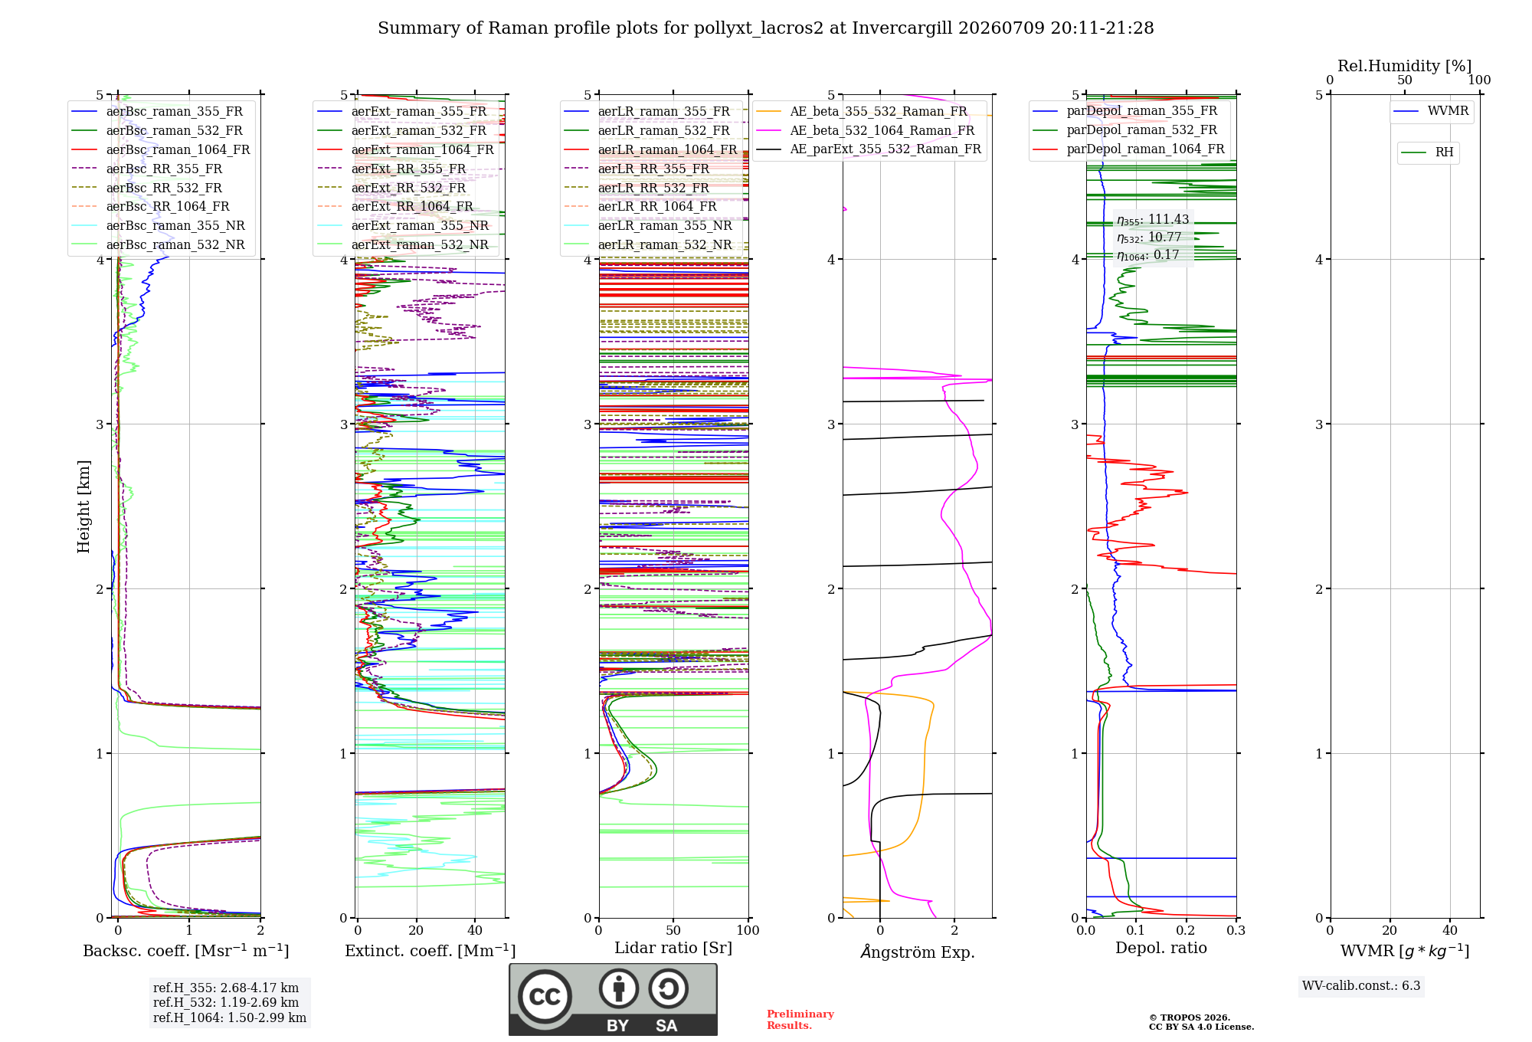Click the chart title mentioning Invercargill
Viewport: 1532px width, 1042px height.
[x=765, y=28]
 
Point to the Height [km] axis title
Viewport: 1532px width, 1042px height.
[x=83, y=506]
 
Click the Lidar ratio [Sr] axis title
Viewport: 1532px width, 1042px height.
[x=673, y=949]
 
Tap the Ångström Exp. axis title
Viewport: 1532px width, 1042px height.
[x=918, y=952]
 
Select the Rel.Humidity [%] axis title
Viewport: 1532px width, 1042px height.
[x=1405, y=66]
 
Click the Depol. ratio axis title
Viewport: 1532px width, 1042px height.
[x=1161, y=948]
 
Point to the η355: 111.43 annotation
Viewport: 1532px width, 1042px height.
[x=1153, y=220]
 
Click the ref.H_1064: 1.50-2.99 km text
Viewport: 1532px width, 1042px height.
[x=230, y=1018]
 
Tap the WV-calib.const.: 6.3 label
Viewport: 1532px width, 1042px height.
[x=1361, y=986]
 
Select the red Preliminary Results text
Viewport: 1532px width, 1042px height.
[x=800, y=1020]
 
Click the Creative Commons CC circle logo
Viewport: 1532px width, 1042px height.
[x=545, y=997]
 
